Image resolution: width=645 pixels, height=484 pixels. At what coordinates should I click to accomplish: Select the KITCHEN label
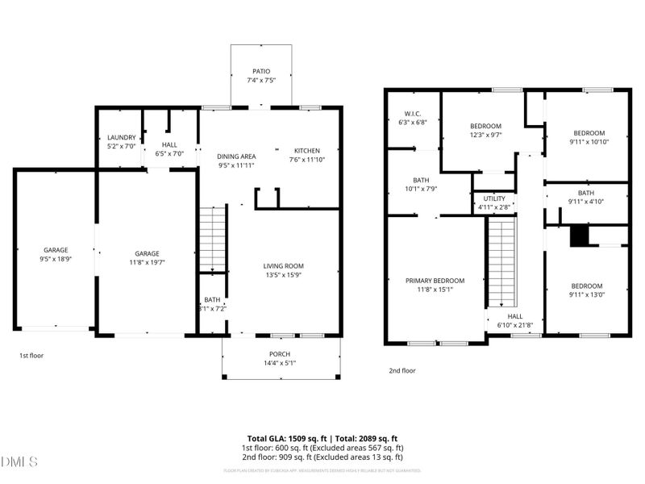(x=306, y=151)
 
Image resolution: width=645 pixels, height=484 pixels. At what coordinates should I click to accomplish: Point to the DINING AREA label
(x=236, y=156)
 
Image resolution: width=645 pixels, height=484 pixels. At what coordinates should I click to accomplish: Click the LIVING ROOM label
(x=283, y=265)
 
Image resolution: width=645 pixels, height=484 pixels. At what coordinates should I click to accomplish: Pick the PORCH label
(x=280, y=354)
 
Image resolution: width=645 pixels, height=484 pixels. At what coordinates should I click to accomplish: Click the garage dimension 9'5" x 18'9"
(x=55, y=259)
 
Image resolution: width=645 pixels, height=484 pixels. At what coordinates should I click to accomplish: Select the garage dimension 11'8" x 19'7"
(x=147, y=262)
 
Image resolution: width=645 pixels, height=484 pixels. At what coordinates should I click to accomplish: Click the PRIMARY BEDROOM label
(x=435, y=281)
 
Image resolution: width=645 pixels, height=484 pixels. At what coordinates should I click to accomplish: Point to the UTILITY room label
(x=494, y=198)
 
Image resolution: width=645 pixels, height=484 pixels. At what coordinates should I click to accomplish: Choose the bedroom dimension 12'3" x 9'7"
(x=486, y=136)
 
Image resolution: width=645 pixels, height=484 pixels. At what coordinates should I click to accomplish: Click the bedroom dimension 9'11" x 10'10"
(x=589, y=142)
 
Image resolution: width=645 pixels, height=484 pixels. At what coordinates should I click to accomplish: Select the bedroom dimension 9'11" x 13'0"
(x=587, y=295)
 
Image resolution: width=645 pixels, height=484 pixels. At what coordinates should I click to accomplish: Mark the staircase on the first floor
(x=211, y=239)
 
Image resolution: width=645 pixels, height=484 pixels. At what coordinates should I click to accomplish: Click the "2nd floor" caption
(x=402, y=372)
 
